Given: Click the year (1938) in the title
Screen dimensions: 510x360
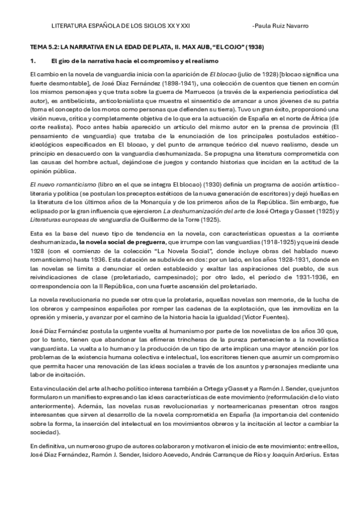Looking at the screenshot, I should [x=251, y=46].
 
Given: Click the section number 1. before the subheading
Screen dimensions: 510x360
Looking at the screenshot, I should [x=34, y=61].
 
